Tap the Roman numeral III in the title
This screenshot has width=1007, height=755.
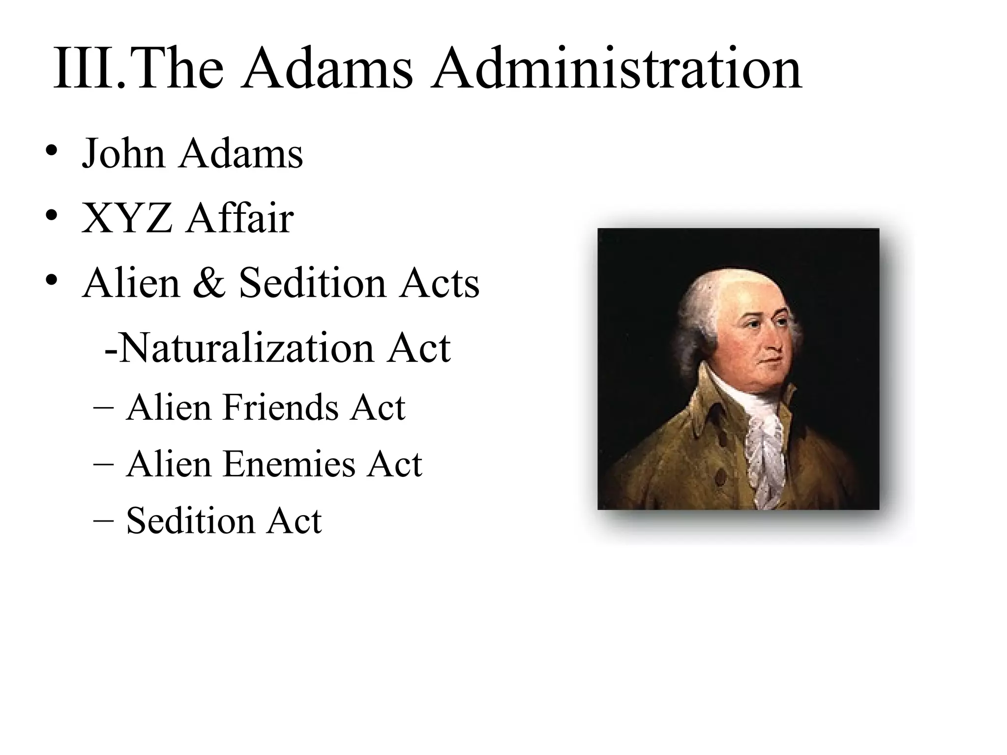click(84, 69)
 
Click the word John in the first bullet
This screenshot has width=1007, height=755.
click(123, 153)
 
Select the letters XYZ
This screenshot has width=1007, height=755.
click(127, 218)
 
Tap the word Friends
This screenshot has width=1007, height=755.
click(280, 407)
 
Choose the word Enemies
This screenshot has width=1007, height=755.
click(289, 464)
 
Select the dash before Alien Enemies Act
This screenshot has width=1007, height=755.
click(103, 464)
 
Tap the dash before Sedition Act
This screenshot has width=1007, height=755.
click(103, 521)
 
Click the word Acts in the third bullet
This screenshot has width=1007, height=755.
click(439, 284)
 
